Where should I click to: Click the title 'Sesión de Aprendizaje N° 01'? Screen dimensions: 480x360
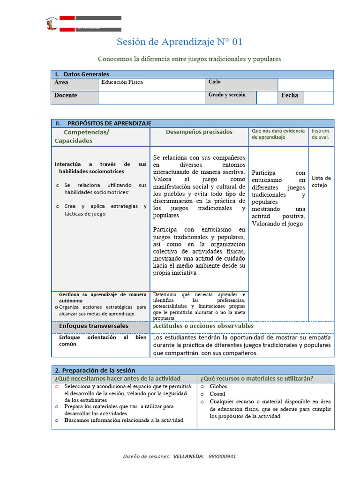click(x=180, y=42)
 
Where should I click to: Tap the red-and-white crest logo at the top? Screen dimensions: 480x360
click(x=52, y=24)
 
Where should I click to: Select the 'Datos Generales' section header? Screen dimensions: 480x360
click(x=86, y=74)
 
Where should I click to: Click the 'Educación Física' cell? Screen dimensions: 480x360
click(x=122, y=82)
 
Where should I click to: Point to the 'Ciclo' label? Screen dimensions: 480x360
click(x=215, y=82)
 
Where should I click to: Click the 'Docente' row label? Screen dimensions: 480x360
click(x=66, y=96)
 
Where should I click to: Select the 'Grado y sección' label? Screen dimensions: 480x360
click(x=227, y=95)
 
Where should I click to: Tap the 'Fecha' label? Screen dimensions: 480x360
click(x=289, y=96)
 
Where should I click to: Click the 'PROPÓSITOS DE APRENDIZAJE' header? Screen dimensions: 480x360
click(x=109, y=123)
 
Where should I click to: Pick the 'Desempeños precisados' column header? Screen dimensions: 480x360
click(x=199, y=132)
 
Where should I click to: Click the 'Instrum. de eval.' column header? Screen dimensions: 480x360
click(x=321, y=134)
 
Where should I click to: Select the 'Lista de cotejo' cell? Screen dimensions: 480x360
click(x=321, y=181)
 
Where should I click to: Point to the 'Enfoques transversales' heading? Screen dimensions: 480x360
click(x=94, y=326)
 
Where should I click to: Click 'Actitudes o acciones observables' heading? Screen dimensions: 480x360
click(x=203, y=326)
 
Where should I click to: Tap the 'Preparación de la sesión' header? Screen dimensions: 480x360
click(x=98, y=370)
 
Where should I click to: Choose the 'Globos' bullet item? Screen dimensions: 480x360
click(x=218, y=387)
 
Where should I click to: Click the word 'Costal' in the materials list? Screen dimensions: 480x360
click(x=217, y=394)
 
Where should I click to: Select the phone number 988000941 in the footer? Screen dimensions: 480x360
click(x=222, y=456)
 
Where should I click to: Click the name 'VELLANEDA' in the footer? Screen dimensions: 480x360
click(x=188, y=456)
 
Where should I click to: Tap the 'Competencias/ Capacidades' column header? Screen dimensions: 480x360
click(x=82, y=136)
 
